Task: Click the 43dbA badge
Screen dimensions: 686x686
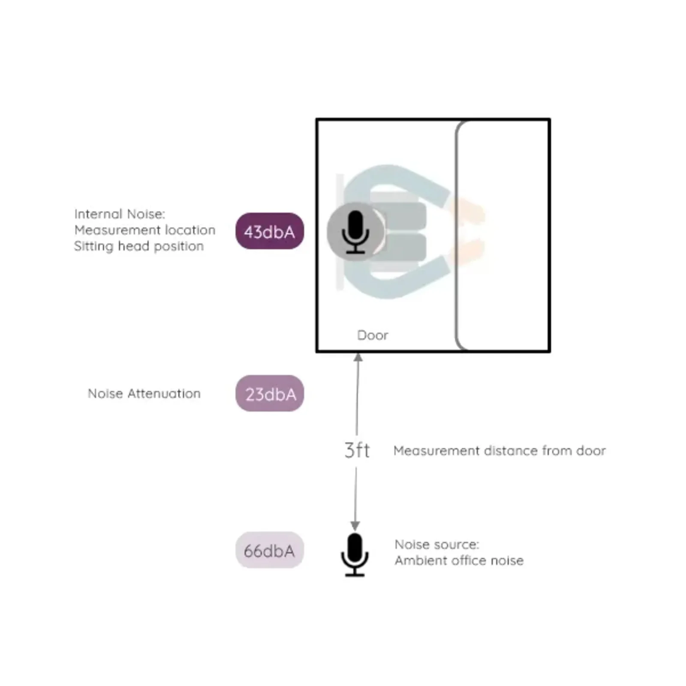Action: (270, 231)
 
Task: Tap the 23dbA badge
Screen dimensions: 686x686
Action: (270, 393)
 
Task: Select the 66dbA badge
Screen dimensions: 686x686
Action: (270, 550)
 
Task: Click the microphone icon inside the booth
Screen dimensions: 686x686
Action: (355, 232)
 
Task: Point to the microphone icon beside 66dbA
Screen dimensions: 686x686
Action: (355, 555)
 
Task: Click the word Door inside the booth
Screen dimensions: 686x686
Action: (373, 335)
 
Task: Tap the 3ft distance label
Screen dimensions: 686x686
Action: (357, 450)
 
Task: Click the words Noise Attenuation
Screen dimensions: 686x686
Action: (144, 394)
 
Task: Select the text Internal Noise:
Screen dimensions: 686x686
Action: (119, 214)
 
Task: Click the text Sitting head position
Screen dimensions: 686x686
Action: (138, 247)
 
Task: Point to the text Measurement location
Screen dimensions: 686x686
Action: (144, 230)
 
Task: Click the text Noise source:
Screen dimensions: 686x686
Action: (437, 545)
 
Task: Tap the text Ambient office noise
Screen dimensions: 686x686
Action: (459, 561)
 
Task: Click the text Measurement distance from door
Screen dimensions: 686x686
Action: (499, 451)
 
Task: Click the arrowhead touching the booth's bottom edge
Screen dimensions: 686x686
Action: (358, 357)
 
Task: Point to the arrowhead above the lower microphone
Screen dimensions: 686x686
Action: (355, 526)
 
